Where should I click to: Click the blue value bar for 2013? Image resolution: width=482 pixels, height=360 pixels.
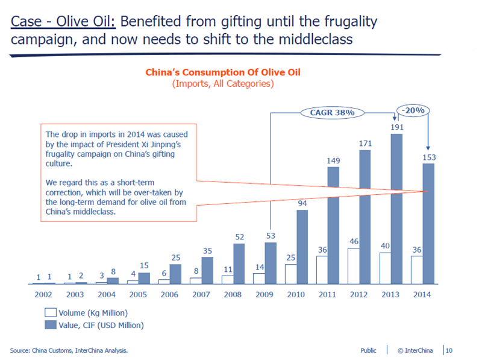pos(396,208)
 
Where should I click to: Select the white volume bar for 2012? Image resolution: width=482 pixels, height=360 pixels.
pos(353,266)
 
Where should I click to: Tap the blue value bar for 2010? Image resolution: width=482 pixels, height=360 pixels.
pos(302,247)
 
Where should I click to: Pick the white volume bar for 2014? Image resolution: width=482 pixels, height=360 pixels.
pos(416,270)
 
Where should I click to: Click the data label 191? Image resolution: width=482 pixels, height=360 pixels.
pos(396,127)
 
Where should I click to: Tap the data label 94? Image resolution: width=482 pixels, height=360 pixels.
pos(302,204)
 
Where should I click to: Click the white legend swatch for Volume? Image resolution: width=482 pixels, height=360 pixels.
pos(51,313)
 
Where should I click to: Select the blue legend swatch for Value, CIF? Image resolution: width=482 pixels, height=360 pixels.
pos(51,325)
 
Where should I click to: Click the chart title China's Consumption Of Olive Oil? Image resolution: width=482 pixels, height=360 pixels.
pos(223,72)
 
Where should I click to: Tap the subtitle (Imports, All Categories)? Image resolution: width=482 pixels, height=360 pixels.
pos(223,84)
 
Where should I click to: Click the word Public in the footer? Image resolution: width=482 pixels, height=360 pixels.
pos(368,350)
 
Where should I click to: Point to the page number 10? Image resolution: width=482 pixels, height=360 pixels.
pos(449,350)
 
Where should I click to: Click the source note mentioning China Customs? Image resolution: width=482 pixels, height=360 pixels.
pos(69,350)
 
